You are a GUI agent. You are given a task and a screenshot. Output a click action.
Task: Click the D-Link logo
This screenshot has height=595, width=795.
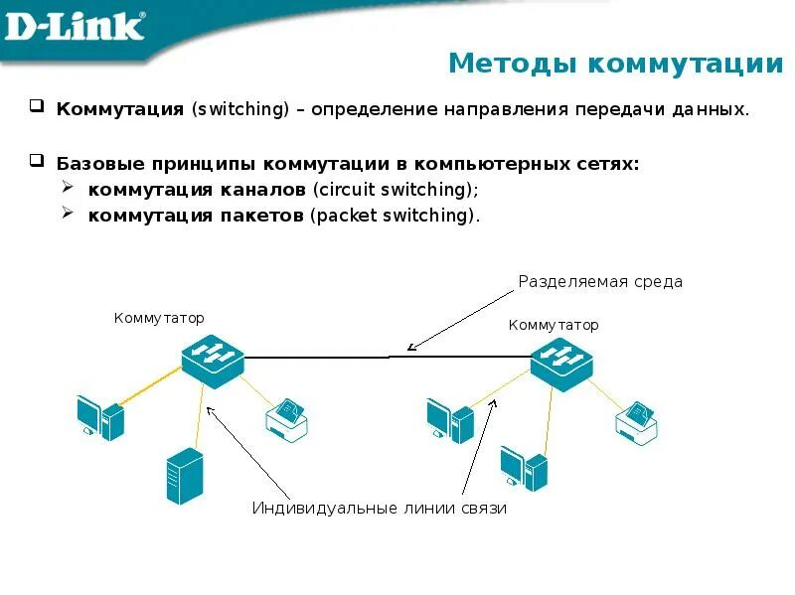point(75,27)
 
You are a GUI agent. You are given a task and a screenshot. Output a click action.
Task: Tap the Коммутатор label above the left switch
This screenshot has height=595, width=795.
point(159,319)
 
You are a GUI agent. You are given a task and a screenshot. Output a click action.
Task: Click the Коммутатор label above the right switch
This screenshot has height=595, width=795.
point(554,325)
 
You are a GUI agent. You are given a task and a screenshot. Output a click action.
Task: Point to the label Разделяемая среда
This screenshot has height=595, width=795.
point(600,282)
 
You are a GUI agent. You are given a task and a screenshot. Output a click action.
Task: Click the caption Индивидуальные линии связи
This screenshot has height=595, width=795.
point(379,509)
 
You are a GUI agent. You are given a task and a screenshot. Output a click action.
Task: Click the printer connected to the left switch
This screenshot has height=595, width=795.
point(287,418)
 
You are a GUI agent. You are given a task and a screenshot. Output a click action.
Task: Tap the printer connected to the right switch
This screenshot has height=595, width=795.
point(637,421)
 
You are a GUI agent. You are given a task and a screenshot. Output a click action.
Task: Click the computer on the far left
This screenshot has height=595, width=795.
point(99,416)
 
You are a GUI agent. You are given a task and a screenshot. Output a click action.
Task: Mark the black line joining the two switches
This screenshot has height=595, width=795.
point(388,356)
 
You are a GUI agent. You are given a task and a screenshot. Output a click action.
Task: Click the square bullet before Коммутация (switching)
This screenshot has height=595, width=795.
point(36,106)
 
